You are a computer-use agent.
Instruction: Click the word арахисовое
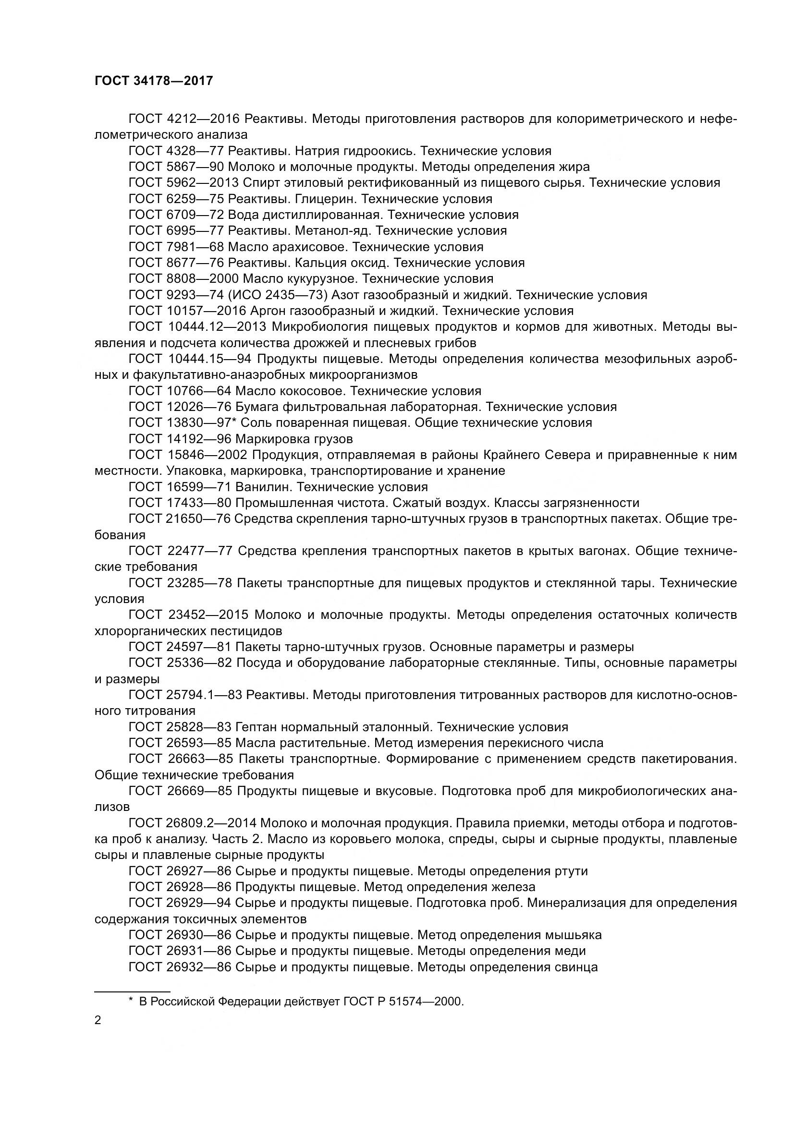coord(308,247)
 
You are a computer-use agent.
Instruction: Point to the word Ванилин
coord(264,487)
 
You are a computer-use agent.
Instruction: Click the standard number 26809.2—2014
coord(209,824)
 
